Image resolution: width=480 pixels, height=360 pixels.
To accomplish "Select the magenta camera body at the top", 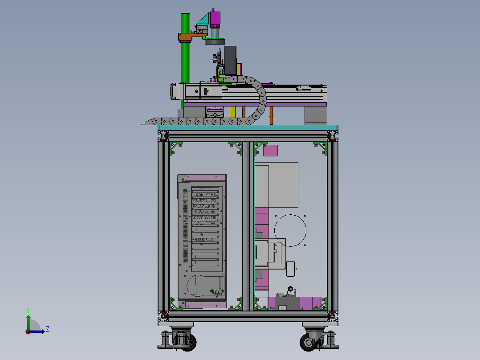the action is (x=215, y=19).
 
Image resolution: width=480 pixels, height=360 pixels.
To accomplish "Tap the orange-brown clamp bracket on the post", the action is (x=189, y=37).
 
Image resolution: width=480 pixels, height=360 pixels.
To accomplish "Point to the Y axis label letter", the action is (x=28, y=310).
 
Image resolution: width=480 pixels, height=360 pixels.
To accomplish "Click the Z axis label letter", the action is (x=48, y=329).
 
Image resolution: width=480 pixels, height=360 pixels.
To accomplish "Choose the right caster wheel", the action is (x=308, y=342).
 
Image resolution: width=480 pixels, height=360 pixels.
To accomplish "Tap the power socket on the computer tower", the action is (x=217, y=291).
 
